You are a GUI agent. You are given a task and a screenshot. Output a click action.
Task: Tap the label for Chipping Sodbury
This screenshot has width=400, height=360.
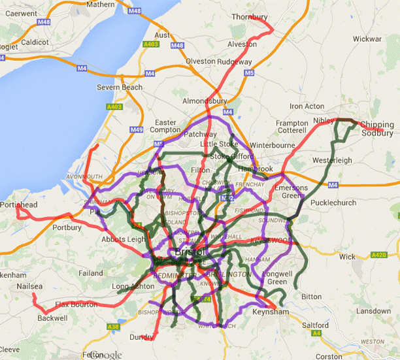click(377, 129)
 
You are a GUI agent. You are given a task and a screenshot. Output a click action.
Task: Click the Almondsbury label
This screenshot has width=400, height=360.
click(204, 101)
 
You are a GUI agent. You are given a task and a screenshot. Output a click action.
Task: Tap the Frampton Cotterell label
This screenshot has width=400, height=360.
click(292, 127)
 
